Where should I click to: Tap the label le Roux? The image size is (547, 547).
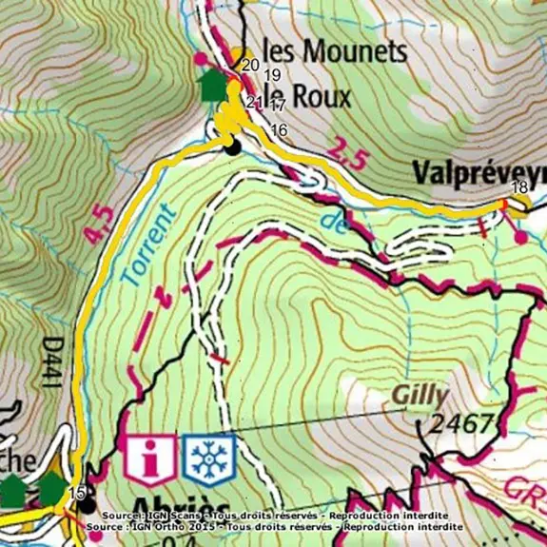[x=307, y=96]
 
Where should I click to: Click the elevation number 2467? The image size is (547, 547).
[x=462, y=423]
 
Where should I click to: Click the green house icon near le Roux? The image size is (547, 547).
[x=212, y=86]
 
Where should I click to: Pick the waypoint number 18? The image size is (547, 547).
[x=518, y=186]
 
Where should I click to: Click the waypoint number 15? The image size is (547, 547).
[x=78, y=492]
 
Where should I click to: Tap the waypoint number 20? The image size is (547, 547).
[x=250, y=65]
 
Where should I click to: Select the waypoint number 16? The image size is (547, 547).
[x=279, y=129]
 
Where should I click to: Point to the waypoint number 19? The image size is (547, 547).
[x=273, y=75]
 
